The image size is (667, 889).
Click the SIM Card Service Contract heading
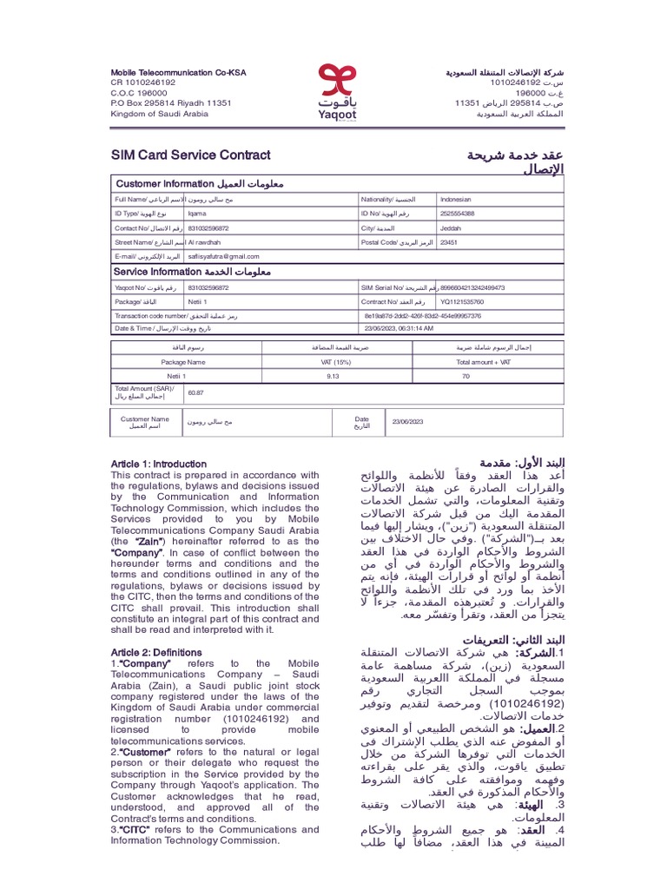coord(190,155)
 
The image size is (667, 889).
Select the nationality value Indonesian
coord(458,200)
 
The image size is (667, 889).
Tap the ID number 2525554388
coord(458,214)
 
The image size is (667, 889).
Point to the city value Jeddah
coord(452,228)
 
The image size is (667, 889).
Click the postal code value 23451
coord(449,242)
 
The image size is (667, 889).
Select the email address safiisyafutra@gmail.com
coord(224,256)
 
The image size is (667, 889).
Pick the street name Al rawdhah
coord(204,242)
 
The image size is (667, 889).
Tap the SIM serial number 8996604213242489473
coord(472,287)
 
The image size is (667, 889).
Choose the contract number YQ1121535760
coord(462,301)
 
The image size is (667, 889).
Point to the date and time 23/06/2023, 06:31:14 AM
coord(411,328)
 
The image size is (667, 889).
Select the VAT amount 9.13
coord(332,376)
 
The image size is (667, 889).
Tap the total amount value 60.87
coord(196,392)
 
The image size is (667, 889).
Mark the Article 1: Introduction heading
coord(159,464)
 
